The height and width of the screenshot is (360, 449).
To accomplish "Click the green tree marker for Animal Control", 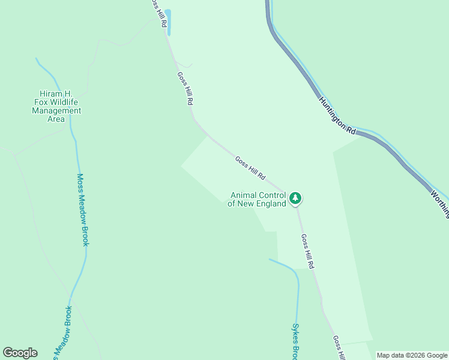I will [x=295, y=197].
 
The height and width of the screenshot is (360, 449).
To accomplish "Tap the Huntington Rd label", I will [x=337, y=115].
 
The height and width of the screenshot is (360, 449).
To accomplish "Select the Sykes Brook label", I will [x=295, y=341].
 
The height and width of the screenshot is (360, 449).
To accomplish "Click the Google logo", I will [x=20, y=353].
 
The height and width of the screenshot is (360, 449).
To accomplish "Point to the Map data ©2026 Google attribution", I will [x=412, y=355].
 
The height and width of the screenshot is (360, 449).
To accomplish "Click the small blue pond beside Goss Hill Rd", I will [x=168, y=22].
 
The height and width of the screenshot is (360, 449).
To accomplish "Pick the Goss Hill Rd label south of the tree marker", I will [x=307, y=251].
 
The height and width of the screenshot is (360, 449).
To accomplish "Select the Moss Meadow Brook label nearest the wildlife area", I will [x=83, y=209].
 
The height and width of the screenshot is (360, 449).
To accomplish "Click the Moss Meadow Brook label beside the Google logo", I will [x=62, y=333].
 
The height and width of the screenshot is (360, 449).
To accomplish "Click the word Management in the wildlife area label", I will [x=56, y=110].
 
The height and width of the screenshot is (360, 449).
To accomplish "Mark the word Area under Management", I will [x=56, y=119].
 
